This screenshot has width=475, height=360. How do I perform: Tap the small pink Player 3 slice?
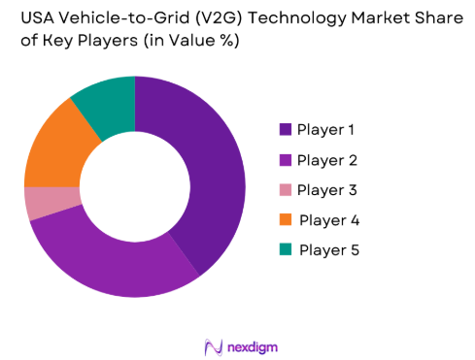[40, 203]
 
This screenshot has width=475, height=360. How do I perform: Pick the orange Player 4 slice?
[53, 147]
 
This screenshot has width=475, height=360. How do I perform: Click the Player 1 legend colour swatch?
[286, 129]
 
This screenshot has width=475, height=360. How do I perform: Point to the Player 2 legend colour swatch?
[286, 159]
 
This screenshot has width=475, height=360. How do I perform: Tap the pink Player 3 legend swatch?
[286, 189]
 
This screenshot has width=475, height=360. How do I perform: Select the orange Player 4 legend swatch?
[286, 219]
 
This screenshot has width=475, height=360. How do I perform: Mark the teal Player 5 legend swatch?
[286, 249]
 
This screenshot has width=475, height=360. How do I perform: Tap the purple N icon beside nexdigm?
[214, 345]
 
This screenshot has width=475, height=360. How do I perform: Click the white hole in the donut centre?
[135, 186]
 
